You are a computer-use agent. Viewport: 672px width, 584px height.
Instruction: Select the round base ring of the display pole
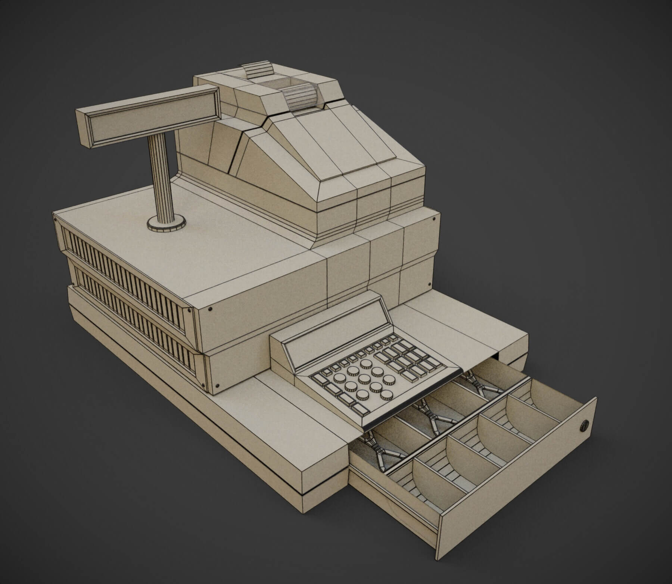[x=167, y=225]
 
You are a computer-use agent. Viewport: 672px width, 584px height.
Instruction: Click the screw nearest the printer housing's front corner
[x=433, y=220]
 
